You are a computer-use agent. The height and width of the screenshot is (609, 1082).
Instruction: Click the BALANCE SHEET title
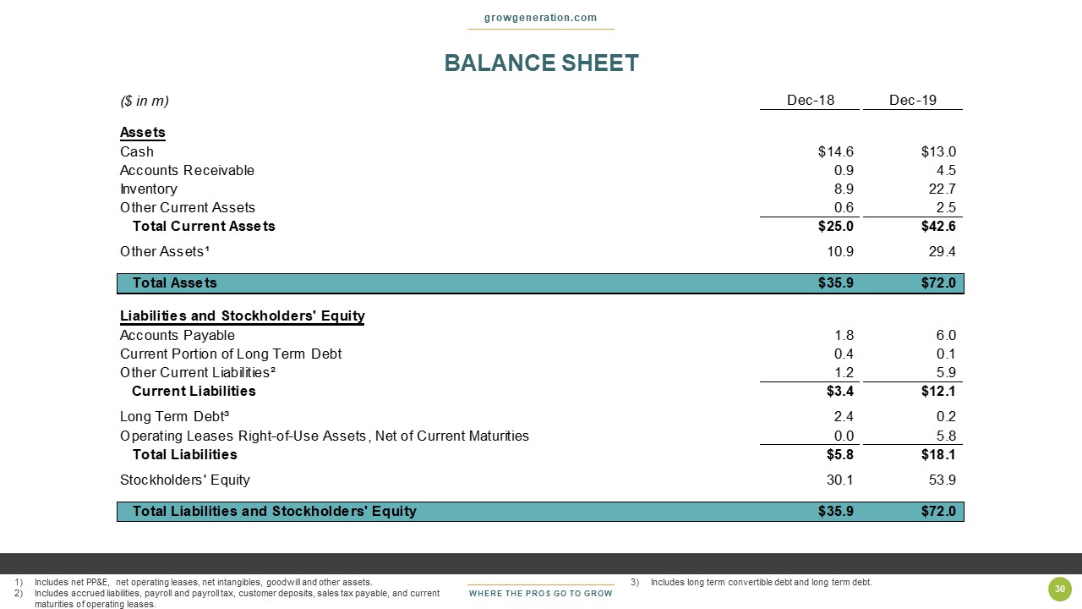(x=541, y=63)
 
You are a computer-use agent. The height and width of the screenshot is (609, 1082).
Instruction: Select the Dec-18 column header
(x=810, y=101)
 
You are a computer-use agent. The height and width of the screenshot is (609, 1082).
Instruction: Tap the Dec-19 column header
(x=913, y=101)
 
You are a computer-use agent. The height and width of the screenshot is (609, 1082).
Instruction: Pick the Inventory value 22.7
(x=941, y=189)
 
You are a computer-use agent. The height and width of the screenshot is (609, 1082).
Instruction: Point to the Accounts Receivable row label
(x=187, y=170)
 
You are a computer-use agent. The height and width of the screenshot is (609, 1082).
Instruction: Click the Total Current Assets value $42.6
(x=938, y=226)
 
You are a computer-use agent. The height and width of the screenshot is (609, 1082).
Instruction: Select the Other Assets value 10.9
(x=838, y=251)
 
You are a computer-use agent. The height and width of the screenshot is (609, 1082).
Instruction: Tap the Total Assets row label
(x=174, y=283)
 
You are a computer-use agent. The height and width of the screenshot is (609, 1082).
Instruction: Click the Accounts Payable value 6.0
(x=945, y=335)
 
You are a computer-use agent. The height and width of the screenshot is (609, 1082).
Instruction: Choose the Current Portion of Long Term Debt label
(x=231, y=354)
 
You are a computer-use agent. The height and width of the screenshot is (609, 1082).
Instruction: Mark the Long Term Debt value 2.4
(x=844, y=416)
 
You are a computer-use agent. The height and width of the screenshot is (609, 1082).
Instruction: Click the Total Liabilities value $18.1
(x=938, y=454)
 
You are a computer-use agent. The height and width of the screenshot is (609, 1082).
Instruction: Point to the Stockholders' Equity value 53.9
(x=941, y=480)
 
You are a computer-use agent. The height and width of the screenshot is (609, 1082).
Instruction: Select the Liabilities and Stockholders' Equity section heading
(x=242, y=316)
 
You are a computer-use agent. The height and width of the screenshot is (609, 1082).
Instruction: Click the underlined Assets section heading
(x=142, y=133)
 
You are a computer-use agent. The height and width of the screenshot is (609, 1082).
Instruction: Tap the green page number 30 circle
(x=1058, y=590)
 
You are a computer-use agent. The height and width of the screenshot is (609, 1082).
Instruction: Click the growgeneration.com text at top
(x=541, y=18)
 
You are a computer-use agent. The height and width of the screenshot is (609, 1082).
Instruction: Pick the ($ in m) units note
(x=145, y=101)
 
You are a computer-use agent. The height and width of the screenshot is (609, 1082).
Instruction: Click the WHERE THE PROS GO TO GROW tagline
(x=541, y=593)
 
